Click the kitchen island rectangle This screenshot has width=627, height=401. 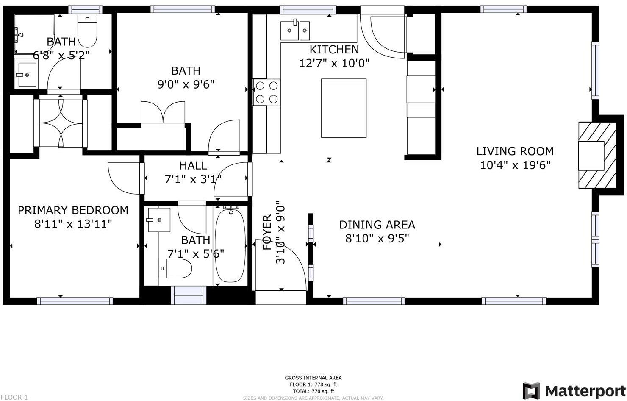344,108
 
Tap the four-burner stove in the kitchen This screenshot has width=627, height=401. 267,92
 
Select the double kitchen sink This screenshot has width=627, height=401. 295,30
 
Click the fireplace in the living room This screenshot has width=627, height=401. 597,156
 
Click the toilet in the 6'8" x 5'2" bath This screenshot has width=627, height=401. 87,31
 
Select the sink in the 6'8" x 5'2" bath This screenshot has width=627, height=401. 26,75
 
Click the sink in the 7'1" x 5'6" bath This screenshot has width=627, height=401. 159,220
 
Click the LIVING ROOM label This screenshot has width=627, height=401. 515,151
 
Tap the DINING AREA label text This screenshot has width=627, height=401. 377,225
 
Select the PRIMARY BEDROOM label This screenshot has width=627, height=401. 73,210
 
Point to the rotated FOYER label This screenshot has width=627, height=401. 267,233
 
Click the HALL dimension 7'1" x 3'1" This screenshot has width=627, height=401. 193,179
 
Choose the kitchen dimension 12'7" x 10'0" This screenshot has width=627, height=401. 334,63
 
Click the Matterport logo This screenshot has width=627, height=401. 574,391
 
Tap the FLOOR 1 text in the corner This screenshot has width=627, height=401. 14,397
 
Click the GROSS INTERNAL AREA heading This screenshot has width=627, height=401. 313,378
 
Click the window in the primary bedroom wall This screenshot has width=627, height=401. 75,301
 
